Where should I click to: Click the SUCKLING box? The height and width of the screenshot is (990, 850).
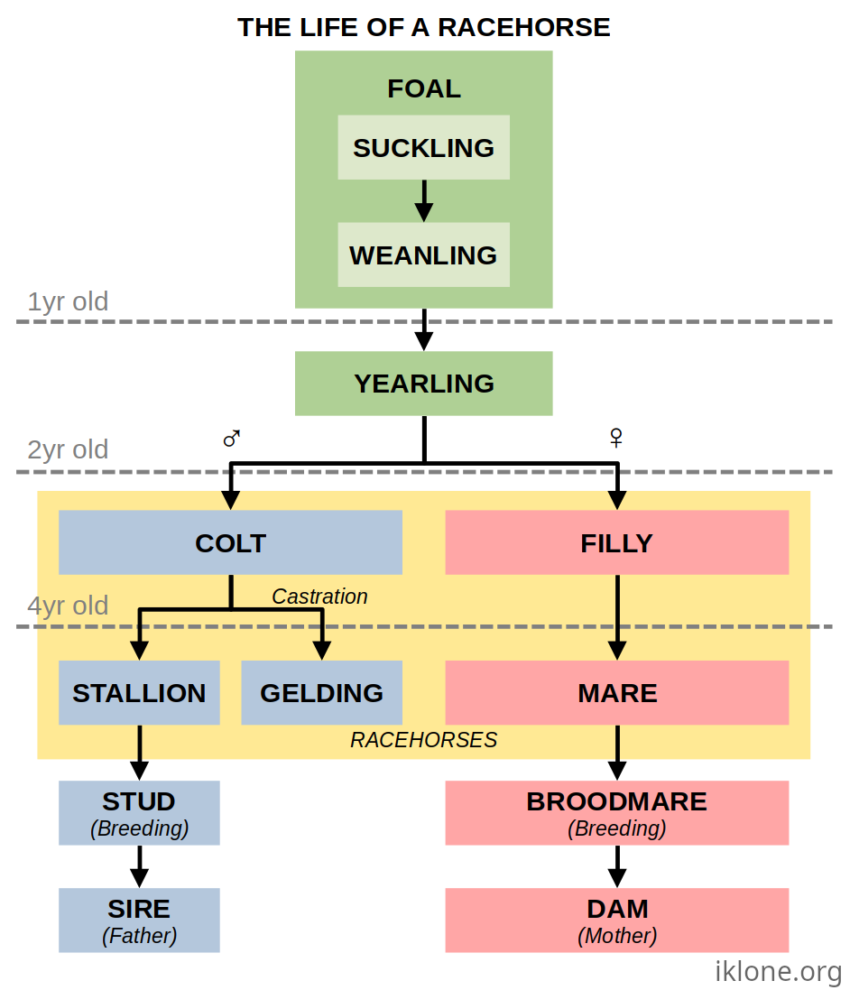[423, 147]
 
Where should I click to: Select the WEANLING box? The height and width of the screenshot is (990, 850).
[423, 254]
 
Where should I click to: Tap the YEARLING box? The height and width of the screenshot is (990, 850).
[423, 384]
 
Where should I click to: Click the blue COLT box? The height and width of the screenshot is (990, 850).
[230, 542]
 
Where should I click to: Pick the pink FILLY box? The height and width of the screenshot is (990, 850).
[616, 542]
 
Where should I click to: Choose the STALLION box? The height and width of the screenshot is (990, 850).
[139, 692]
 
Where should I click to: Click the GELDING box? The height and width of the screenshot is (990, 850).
[321, 692]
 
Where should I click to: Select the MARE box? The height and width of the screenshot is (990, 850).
[616, 692]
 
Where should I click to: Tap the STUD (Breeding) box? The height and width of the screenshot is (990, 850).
[139, 812]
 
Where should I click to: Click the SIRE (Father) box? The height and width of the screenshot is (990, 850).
[139, 920]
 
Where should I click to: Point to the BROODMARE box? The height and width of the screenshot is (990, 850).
[616, 812]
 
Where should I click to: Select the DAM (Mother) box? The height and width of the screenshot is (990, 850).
[616, 920]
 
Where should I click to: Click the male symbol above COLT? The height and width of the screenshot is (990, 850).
[232, 439]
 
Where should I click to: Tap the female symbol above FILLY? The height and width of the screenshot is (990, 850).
[616, 439]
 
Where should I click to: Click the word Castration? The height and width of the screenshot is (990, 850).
[319, 597]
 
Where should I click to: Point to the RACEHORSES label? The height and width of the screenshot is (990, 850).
[423, 740]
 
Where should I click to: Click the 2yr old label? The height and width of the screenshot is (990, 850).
[68, 449]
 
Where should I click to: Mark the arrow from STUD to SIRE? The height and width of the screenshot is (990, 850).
[139, 866]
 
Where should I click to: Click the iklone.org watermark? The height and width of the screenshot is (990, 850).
[778, 971]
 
